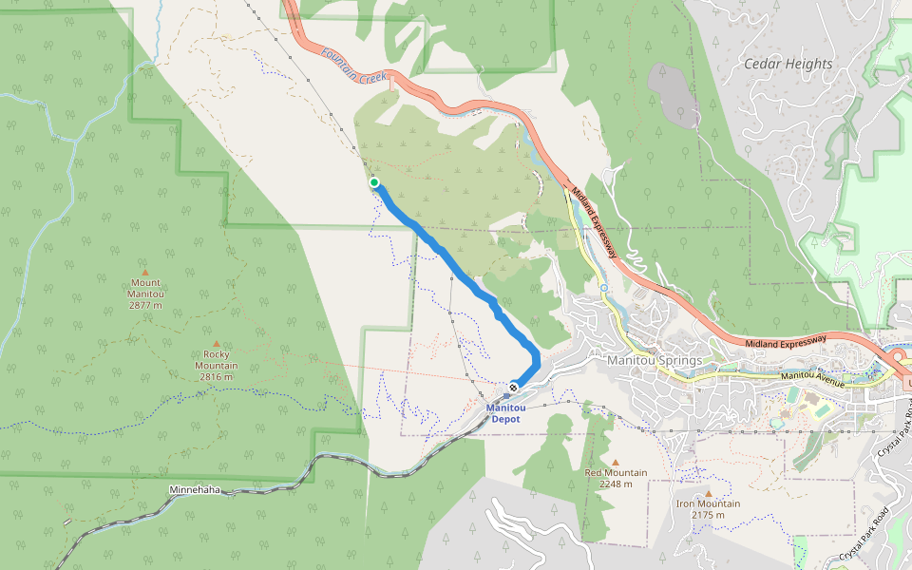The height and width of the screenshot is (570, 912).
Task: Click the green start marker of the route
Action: click(374, 182)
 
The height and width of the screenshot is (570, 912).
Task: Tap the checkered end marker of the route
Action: click(514, 387)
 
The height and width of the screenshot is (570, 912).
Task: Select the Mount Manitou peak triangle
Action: click(145, 272)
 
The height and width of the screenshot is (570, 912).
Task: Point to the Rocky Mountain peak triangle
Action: click(217, 344)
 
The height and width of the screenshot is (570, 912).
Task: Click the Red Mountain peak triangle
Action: click(615, 462)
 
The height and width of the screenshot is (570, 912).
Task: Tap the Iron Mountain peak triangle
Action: click(708, 493)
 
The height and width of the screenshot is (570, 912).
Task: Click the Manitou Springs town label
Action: click(655, 361)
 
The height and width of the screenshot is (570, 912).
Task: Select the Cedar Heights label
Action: click(788, 64)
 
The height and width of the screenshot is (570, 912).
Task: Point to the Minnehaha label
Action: click(195, 490)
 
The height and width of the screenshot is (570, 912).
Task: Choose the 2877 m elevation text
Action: click(146, 306)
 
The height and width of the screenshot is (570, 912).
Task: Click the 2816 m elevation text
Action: click(217, 377)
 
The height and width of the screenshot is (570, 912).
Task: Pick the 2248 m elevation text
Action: click(616, 484)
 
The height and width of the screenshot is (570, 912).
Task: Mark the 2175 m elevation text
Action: click(708, 515)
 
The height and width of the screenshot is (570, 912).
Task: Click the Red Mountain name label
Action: click(616, 472)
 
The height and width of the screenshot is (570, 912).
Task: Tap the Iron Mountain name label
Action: click(708, 503)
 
